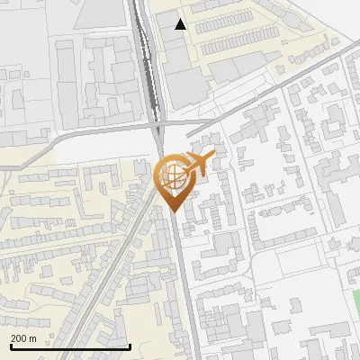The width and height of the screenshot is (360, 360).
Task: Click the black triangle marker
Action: (x=181, y=24)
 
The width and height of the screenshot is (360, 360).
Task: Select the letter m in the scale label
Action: (x=33, y=338)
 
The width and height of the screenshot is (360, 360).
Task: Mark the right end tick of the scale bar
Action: (x=130, y=346)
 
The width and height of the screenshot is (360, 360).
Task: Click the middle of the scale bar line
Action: (x=69, y=347)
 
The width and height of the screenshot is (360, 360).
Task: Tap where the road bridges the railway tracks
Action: (x=156, y=124)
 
